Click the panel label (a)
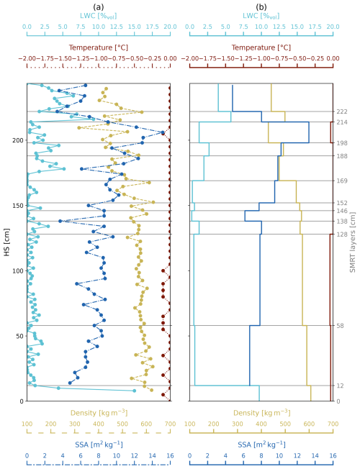click(x=99, y=6)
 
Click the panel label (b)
click(x=261, y=6)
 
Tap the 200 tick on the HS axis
click(x=16, y=141)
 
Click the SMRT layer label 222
click(x=342, y=112)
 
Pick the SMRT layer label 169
click(x=342, y=181)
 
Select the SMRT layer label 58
click(x=341, y=326)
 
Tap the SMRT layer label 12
click(x=341, y=386)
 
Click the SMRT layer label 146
click(x=342, y=211)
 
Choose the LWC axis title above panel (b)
click(x=261, y=14)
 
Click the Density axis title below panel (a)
click(x=99, y=434)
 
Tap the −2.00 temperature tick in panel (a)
click(x=27, y=59)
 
